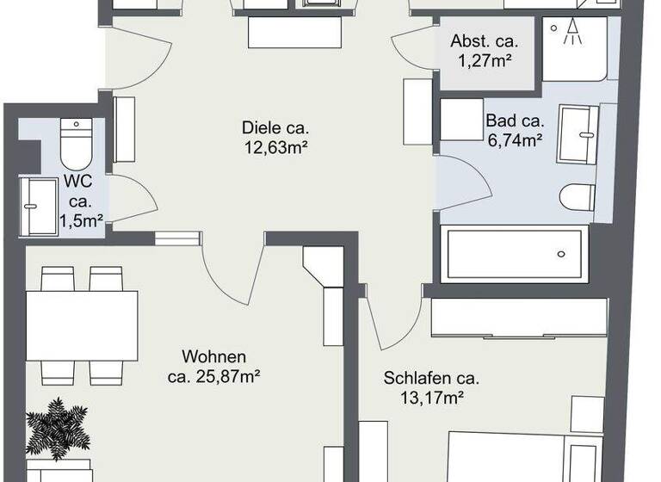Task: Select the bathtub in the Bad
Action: click(x=514, y=254)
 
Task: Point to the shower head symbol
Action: click(x=570, y=33)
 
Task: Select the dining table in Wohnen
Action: click(x=82, y=327)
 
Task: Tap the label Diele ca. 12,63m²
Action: click(x=275, y=138)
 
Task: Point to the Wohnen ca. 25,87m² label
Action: click(x=214, y=366)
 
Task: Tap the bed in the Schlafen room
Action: click(x=516, y=456)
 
